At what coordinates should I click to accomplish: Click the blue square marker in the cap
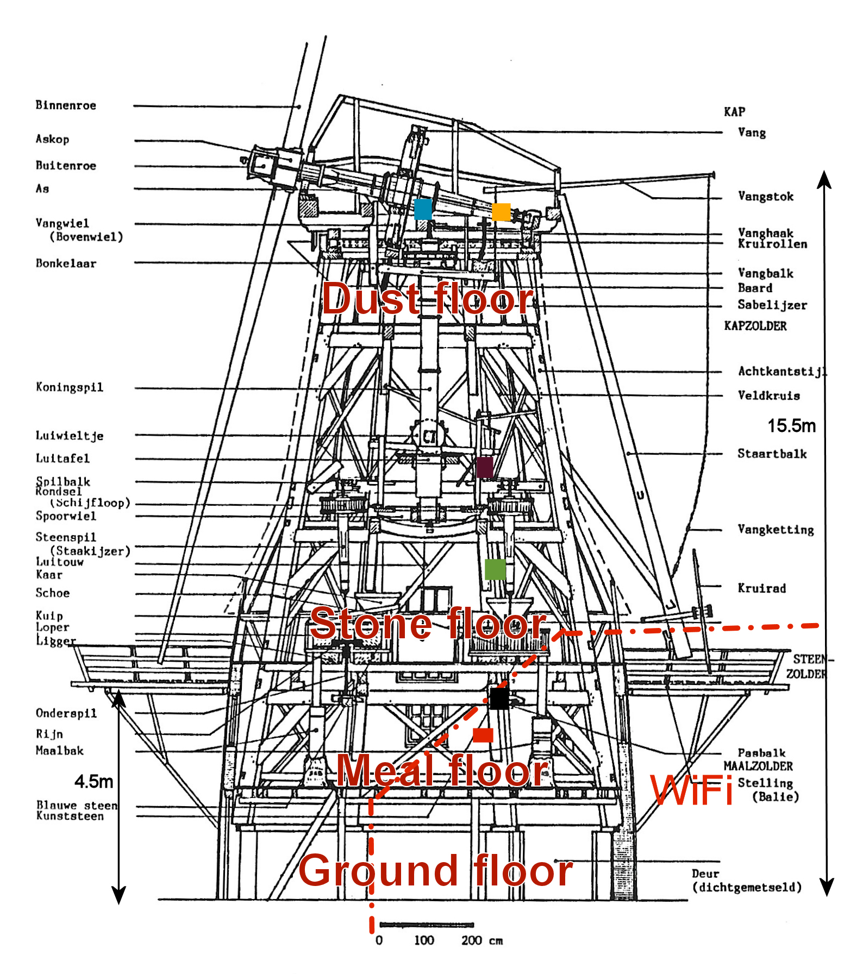point(423,209)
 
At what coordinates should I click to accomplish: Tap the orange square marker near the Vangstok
point(501,212)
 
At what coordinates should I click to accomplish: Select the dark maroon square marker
point(485,467)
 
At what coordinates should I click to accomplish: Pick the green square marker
point(495,569)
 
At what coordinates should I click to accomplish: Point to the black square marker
point(499,698)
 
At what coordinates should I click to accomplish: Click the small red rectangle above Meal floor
point(483,735)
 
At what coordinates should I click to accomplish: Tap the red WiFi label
point(691,790)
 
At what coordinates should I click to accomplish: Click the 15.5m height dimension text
point(791,426)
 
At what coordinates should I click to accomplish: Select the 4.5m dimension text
point(93,782)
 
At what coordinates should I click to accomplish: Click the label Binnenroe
point(66,105)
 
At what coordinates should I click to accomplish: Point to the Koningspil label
point(69,387)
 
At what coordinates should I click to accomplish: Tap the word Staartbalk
point(772,454)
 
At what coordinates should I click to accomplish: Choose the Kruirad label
point(761,588)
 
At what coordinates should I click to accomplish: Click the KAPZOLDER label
point(755,326)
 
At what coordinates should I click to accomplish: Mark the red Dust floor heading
point(428,299)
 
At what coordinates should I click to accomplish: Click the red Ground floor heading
point(435,870)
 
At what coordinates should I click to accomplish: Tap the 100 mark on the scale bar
point(424,940)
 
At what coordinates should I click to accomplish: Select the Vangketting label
point(776,530)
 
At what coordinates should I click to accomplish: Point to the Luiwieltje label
point(69,436)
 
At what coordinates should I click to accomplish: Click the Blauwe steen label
point(77,805)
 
